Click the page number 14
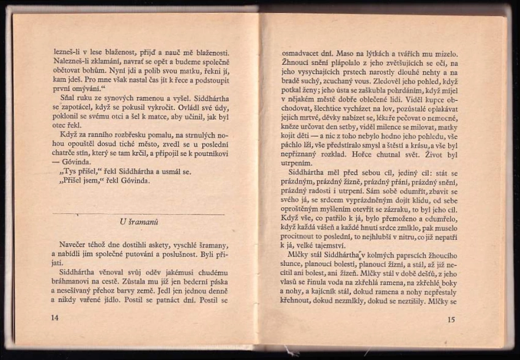pos(56,318)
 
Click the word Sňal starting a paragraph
pos(69,97)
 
